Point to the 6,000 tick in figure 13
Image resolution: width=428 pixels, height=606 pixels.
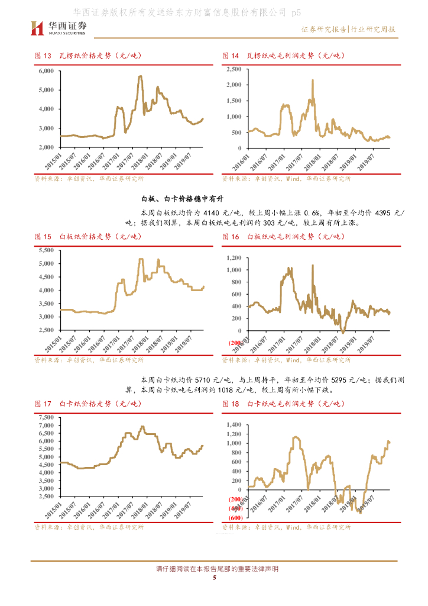46,70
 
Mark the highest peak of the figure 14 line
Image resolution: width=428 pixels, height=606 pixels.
312,80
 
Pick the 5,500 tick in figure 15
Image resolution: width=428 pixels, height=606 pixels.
46,250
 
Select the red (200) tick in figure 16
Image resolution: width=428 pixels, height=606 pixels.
233,343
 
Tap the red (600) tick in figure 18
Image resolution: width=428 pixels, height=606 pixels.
233,518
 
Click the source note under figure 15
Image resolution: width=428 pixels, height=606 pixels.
89,359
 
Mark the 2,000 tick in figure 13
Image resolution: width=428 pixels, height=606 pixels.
46,147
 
